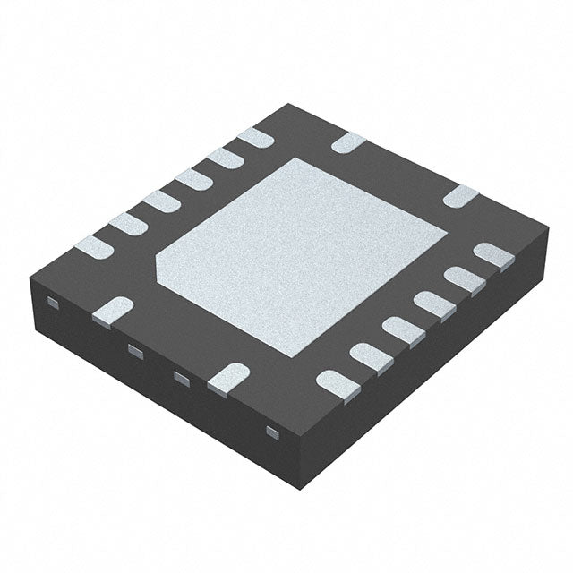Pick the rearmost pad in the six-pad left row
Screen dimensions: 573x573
[x=258, y=137]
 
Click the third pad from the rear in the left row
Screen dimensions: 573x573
[x=192, y=180]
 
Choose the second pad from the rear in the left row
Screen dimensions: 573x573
[x=225, y=158]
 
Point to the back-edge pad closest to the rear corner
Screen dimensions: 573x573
[x=349, y=141]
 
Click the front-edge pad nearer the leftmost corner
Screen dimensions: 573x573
[x=113, y=310]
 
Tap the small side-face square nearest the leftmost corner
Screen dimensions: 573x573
[x=53, y=304]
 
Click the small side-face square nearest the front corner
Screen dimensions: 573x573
[x=273, y=433]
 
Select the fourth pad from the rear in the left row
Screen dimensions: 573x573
[x=161, y=201]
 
